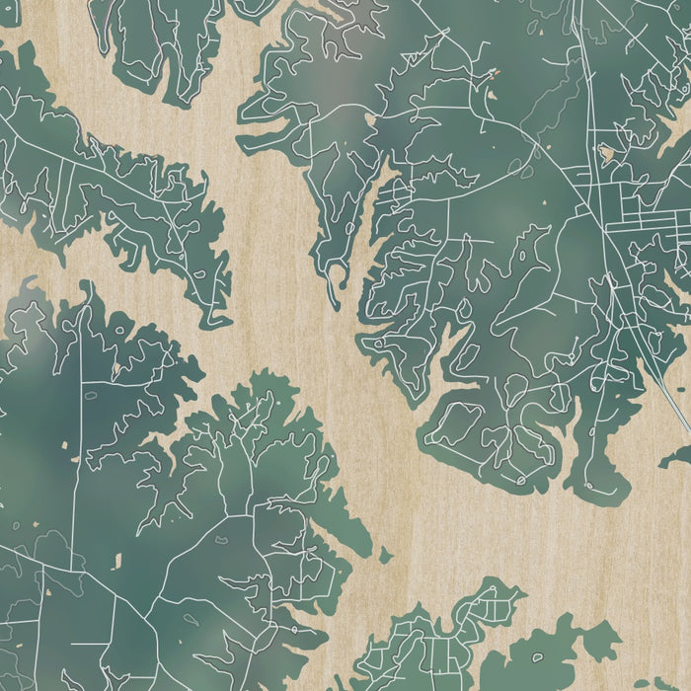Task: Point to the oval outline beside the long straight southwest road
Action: click(x=91, y=396)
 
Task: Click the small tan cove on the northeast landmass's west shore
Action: click(x=371, y=120)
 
